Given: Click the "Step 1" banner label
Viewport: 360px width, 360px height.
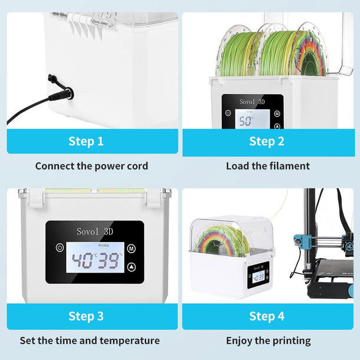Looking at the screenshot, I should pos(86,141).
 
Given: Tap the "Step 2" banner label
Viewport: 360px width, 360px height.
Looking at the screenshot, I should pos(267,141).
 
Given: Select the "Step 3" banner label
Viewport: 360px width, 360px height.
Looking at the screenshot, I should pos(86,316).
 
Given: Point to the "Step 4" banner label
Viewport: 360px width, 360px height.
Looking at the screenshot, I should pos(267,316).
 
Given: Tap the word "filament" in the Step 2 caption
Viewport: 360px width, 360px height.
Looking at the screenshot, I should pos(289,166).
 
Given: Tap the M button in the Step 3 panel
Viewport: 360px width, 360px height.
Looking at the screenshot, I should pos(130,248).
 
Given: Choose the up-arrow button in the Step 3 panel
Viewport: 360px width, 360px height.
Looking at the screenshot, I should pos(130,267).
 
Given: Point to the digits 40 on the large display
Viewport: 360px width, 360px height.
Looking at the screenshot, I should pos(83,261).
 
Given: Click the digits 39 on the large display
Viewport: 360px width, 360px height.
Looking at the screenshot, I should pos(109,261).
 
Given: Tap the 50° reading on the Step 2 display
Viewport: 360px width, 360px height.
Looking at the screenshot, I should pos(244,121).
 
